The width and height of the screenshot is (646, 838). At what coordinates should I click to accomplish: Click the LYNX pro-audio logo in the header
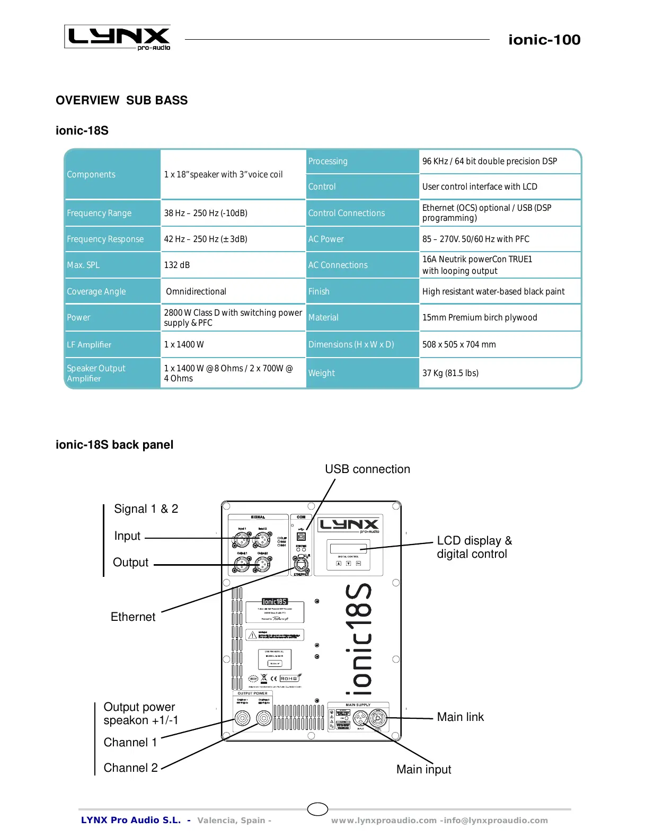118,37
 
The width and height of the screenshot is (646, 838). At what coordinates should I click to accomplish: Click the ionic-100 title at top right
544,40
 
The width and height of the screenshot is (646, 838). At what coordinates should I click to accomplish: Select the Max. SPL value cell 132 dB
177,265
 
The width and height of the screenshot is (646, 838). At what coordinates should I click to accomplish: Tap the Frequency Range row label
99,213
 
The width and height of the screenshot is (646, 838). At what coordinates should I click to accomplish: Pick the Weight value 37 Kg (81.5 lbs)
450,373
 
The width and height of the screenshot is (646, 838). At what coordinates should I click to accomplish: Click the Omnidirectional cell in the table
196,291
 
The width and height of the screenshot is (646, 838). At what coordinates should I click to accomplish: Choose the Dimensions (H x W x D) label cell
351,344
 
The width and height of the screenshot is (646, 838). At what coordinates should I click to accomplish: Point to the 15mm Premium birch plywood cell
480,317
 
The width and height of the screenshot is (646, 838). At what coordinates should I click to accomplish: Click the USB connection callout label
367,469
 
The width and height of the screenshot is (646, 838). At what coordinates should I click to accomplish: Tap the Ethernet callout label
133,617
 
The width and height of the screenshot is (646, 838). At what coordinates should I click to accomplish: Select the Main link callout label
460,717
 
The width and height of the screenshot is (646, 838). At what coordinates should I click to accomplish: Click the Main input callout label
423,769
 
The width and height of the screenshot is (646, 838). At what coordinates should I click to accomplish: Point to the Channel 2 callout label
131,768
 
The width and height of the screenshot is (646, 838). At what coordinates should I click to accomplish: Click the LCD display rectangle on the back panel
348,548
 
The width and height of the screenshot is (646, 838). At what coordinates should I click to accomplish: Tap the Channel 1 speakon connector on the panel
242,718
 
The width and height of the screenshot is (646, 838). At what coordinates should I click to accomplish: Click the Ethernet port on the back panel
301,565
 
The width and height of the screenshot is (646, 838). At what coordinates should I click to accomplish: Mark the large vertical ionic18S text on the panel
359,639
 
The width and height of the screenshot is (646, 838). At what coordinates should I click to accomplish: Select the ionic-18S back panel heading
114,444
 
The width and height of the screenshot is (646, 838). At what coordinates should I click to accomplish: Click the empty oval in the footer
317,809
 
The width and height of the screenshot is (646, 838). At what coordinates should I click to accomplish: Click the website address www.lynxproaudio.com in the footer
384,821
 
